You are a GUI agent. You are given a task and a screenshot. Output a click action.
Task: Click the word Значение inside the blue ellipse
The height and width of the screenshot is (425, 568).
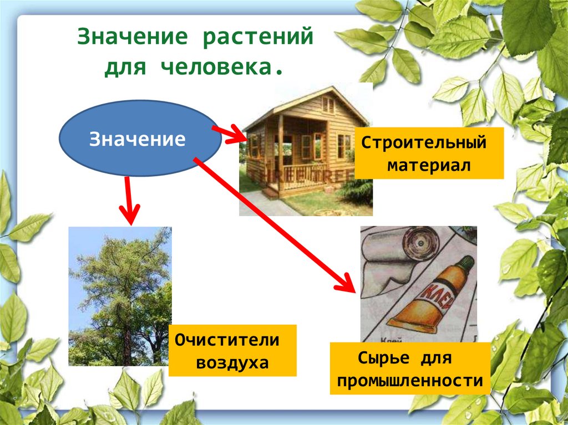coord(138,139)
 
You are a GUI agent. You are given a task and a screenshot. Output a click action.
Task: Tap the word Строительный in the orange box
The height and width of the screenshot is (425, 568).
coord(424,143)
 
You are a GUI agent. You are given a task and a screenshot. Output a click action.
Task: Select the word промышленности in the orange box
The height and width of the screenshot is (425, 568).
coord(409,381)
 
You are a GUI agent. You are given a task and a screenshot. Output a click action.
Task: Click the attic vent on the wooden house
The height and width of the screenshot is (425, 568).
coord(328,105)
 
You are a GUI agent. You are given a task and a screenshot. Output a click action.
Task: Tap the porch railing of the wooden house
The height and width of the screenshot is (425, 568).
coord(299,175)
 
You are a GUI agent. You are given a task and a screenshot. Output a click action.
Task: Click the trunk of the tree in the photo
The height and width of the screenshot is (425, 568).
coord(127,344)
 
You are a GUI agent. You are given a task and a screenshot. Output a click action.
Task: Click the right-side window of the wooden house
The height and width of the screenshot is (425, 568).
coord(344,146)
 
